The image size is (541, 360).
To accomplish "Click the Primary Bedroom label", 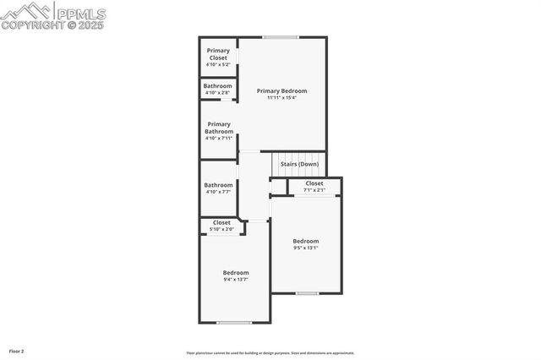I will coord(281,90).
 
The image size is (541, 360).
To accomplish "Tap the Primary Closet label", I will coord(218,54).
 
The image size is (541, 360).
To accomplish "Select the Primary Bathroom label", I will coord(218,128).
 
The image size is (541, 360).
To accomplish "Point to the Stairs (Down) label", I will coord(299,164).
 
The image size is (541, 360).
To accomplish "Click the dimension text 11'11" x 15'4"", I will coord(281,98).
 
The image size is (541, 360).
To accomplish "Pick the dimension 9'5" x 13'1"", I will coord(306,248).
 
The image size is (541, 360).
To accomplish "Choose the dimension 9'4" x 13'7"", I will coord(236,280).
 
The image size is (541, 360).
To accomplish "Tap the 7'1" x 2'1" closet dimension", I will coord(314,190).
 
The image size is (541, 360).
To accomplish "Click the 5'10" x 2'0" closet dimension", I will coord(221,229).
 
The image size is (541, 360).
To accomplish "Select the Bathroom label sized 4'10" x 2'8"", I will coord(218,85).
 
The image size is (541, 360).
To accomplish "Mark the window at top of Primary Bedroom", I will coord(280,37).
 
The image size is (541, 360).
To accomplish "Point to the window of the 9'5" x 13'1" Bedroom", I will coord(307,293).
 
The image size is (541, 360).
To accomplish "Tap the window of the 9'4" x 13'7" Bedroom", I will coord(234,322).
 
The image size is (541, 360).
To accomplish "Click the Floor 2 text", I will coord(17,351).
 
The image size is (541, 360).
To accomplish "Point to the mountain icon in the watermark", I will coord(25,10).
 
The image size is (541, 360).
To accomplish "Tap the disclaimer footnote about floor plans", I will coord(270,353).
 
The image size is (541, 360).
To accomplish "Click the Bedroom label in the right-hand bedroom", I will coord(306,241).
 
